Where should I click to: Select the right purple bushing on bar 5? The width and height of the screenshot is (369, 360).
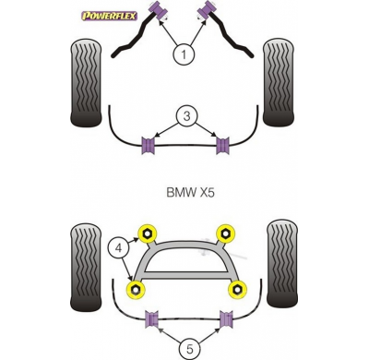(x=222, y=319)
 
